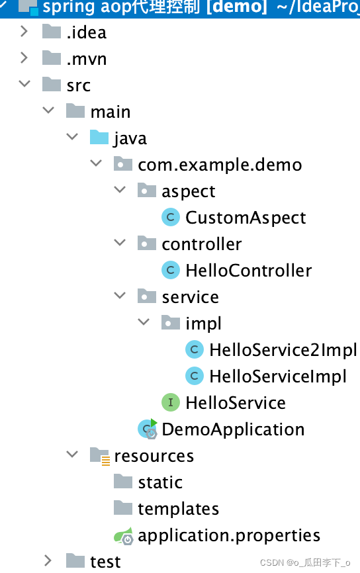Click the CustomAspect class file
pos(246,218)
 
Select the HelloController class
pos(248,271)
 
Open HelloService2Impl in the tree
pos(283,350)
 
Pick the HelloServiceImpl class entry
pos(277,376)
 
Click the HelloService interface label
pos(235,403)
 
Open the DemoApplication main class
pos(233,429)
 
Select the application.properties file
pos(229,535)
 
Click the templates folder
pos(178,509)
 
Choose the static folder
pos(160,482)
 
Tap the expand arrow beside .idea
pos(24,32)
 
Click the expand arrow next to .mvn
pos(24,58)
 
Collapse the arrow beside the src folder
pos(24,85)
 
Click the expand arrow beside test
pos(48,561)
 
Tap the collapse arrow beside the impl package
pos(144,323)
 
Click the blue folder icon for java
pos(99,138)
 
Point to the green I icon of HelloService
pos(171,402)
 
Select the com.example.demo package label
pos(220,165)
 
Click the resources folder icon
pos(99,456)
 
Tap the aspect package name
pos(188,191)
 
